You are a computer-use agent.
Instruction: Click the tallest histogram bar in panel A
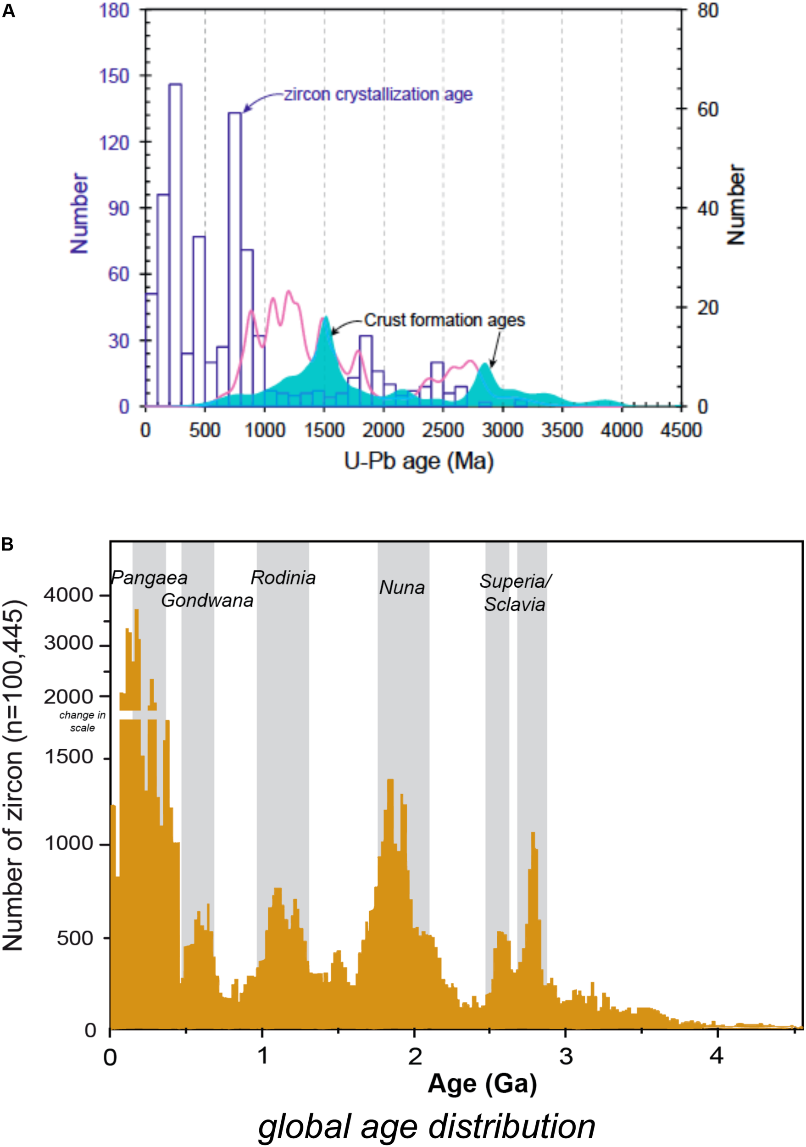coord(175,245)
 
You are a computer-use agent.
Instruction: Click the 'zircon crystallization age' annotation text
coord(378,95)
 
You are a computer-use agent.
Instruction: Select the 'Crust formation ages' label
coord(444,320)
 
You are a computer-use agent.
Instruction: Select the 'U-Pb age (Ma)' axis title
coord(418,461)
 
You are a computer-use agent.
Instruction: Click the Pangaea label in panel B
coord(149,578)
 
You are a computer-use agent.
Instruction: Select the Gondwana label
coord(207,600)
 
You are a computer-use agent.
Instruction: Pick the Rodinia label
coord(283,578)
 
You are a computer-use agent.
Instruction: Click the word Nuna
coord(402,587)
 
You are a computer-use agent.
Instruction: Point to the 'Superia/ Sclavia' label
coord(515,593)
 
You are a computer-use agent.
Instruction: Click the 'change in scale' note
coord(83,721)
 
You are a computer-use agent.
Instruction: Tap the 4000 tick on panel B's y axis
coord(68,595)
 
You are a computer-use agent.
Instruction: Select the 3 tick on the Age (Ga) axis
coord(565,1057)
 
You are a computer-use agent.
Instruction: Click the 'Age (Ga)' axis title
coord(482,1084)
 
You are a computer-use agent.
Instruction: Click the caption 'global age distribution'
coord(427,1126)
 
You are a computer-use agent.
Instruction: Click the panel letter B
coord(7,544)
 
